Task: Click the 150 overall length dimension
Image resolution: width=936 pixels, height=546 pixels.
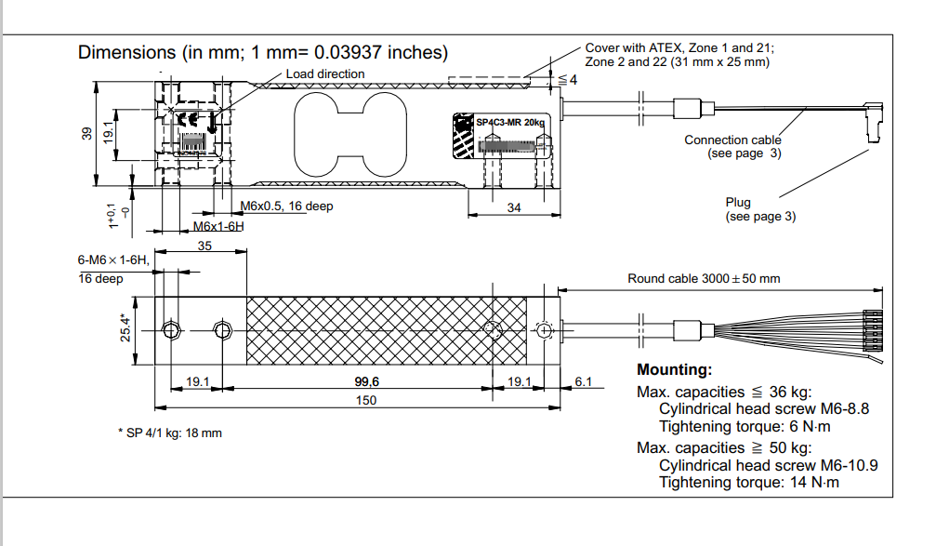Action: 367,400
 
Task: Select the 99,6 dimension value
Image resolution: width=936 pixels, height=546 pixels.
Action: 367,381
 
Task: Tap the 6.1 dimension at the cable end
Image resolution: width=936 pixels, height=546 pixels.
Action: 584,381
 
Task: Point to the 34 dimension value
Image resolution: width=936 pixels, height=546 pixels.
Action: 514,208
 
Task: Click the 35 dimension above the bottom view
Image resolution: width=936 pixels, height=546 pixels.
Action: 204,246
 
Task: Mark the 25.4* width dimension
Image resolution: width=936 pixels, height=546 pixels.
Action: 125,329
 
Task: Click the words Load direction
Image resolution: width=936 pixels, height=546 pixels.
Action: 325,73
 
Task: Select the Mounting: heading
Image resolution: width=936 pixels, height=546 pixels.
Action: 674,370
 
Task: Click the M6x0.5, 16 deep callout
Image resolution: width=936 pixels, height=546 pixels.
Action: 286,206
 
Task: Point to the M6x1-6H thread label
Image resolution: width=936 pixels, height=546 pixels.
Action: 218,226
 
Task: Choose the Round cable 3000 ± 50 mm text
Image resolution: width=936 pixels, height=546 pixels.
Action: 704,278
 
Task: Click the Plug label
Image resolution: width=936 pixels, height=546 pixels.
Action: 738,202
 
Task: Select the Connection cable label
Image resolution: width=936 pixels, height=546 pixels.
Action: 732,140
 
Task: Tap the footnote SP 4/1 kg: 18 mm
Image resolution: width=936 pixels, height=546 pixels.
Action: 170,433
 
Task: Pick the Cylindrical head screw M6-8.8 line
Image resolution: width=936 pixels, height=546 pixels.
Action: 764,408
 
